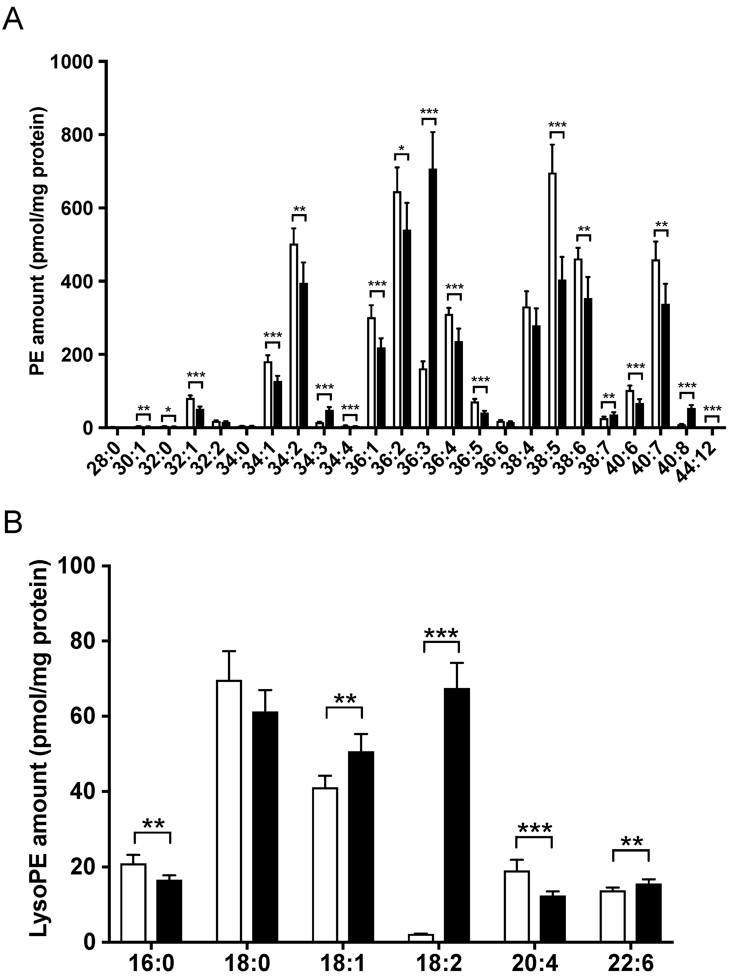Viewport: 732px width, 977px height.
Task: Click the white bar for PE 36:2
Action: [x=397, y=309]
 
